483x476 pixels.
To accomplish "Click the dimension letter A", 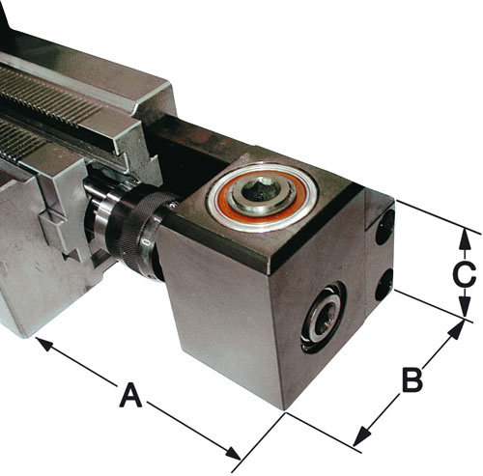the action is pos(130,395).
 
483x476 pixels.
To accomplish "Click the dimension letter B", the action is pos(412,380).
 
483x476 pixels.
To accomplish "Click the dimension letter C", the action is pos(464,275).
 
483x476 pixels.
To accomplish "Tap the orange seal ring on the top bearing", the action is pos(263,196).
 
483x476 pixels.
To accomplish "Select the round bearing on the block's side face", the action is pos(323,318).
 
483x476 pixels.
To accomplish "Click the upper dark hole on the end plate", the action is pos(384,227).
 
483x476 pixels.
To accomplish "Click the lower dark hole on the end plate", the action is pos(384,285).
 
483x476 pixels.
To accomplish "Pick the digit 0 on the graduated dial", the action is pos(146,241).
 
